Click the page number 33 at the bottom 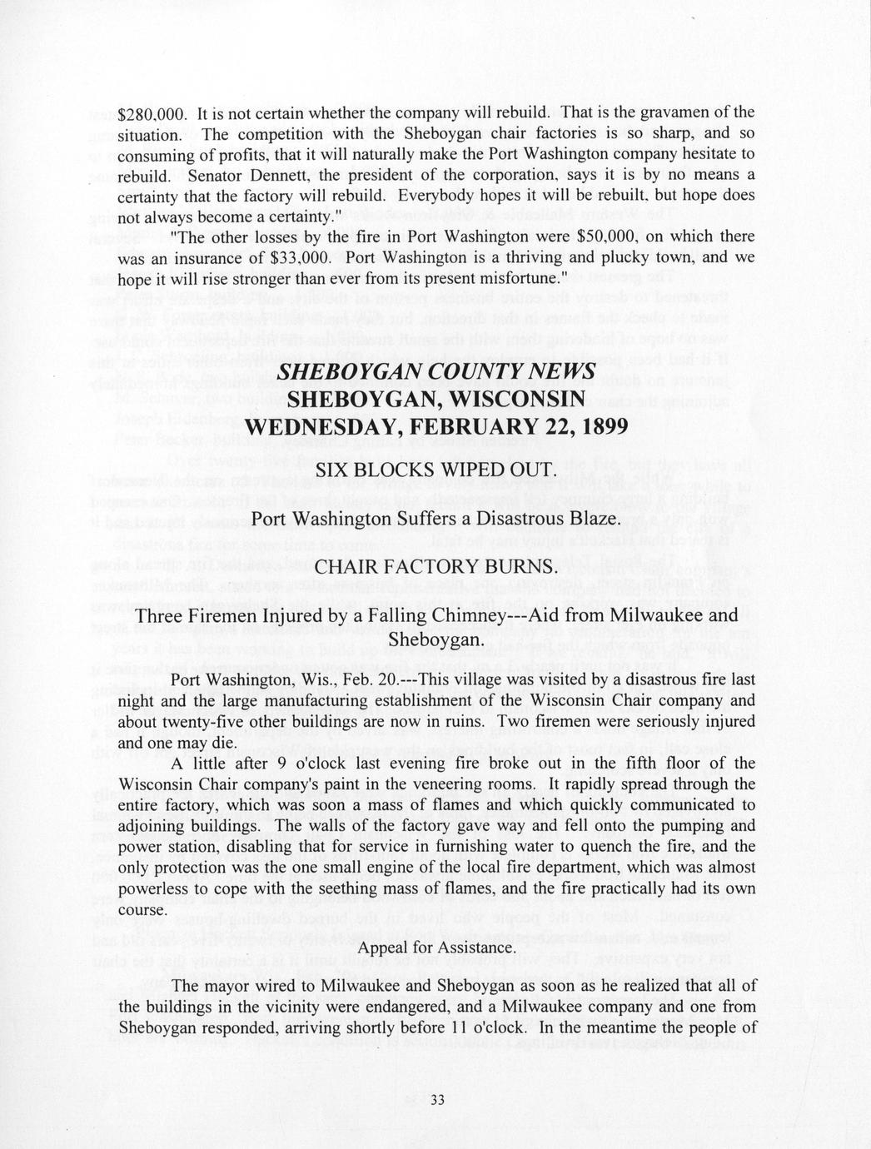pos(439,1101)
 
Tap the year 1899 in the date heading pos(594,426)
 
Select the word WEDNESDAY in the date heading pos(321,426)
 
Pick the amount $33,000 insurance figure pos(303,257)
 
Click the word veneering pos(465,784)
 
